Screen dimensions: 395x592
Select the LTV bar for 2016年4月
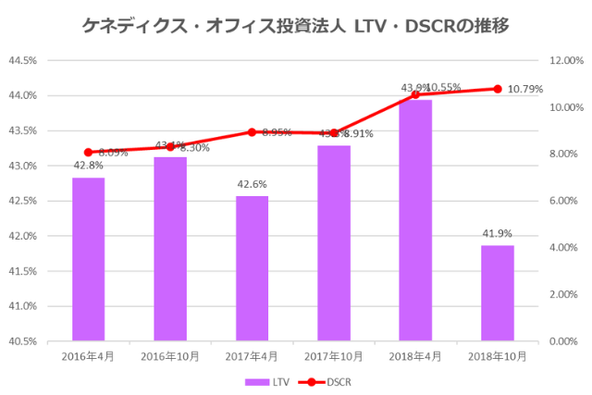(x=89, y=259)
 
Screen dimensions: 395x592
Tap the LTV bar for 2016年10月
(x=170, y=249)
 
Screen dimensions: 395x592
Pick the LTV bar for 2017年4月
(x=252, y=268)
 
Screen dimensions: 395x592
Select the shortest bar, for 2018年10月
(x=497, y=292)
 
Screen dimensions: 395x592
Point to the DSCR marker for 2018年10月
(x=497, y=89)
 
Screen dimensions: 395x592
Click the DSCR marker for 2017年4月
(x=252, y=131)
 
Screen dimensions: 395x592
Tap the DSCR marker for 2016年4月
(x=89, y=153)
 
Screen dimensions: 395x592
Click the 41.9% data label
(x=497, y=234)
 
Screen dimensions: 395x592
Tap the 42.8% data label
(x=89, y=167)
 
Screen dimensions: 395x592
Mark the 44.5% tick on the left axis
(x=22, y=61)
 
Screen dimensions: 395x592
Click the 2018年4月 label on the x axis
(x=415, y=355)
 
